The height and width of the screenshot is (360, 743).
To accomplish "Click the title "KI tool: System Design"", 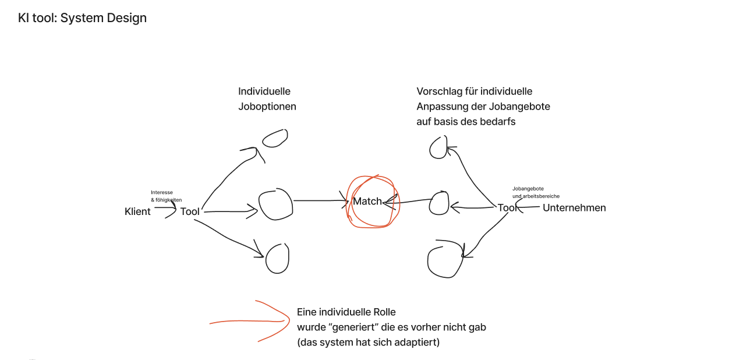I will (x=82, y=18).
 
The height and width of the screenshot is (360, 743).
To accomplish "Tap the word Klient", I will (x=137, y=211).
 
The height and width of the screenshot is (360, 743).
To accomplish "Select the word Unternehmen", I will (x=574, y=208).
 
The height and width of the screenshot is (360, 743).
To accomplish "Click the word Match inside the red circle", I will (x=367, y=202).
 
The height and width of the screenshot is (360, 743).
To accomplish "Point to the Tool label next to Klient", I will (x=190, y=211).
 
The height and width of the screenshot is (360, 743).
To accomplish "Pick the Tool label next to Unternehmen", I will (x=507, y=208).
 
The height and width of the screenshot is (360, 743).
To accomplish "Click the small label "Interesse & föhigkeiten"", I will (x=166, y=196).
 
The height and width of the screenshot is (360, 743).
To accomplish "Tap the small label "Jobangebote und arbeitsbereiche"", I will (x=536, y=192).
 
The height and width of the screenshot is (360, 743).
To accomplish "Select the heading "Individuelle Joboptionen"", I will (x=267, y=99).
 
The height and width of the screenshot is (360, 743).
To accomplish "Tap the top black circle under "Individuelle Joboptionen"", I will (x=275, y=138).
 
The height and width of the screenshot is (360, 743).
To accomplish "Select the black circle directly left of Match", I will (x=275, y=204).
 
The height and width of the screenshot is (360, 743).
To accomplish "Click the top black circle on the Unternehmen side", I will (x=438, y=148).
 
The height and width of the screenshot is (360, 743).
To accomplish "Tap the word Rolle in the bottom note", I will (x=383, y=312).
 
